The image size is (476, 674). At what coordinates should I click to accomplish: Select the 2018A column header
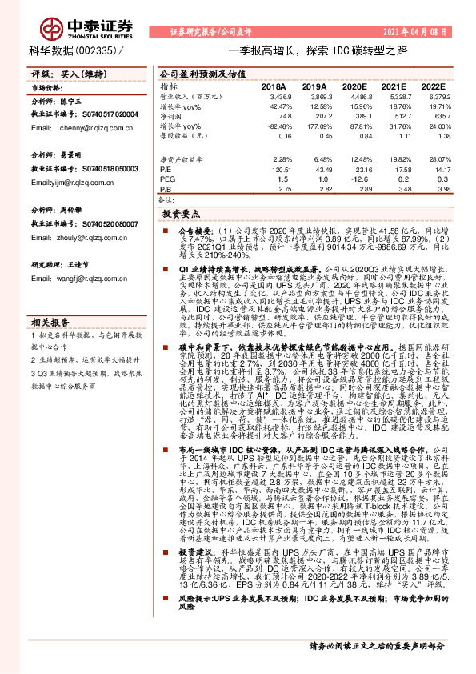point(274,85)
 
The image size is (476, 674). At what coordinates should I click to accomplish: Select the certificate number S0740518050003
point(105,171)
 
